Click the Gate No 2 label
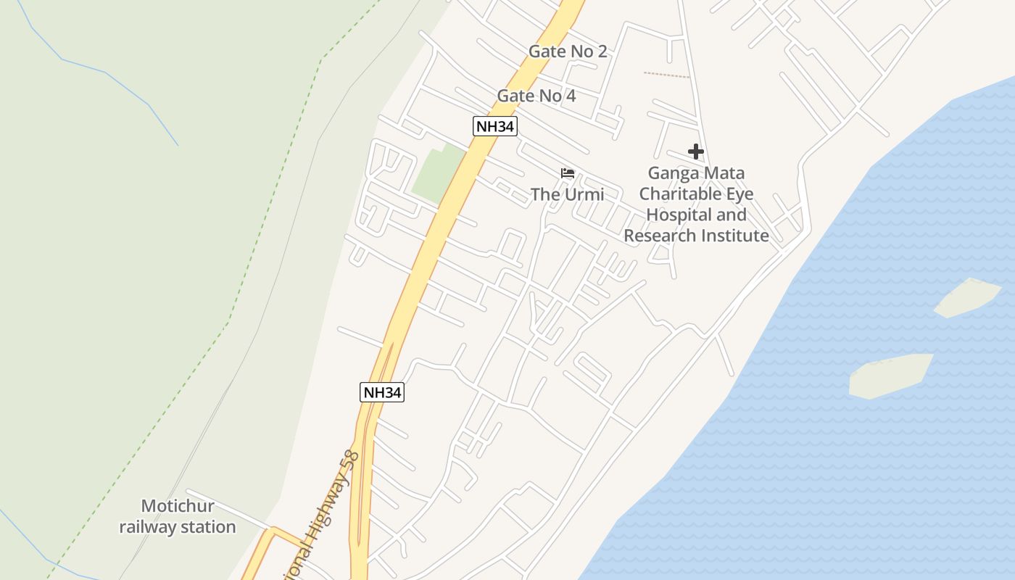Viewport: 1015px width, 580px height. (567, 51)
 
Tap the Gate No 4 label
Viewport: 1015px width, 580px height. (536, 96)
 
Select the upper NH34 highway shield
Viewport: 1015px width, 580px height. (495, 127)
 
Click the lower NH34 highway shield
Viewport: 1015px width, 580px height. (381, 393)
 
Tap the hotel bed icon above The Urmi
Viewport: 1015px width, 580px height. (568, 173)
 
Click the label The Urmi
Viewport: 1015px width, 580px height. (567, 194)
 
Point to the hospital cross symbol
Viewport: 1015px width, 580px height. (696, 152)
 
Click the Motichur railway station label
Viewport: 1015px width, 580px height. (178, 516)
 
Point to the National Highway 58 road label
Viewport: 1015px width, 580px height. (328, 511)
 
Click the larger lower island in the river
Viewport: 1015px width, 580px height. (890, 376)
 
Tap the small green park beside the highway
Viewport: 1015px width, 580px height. (436, 173)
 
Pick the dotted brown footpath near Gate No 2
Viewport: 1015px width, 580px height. (666, 75)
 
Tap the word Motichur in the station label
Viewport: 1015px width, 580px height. (178, 506)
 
